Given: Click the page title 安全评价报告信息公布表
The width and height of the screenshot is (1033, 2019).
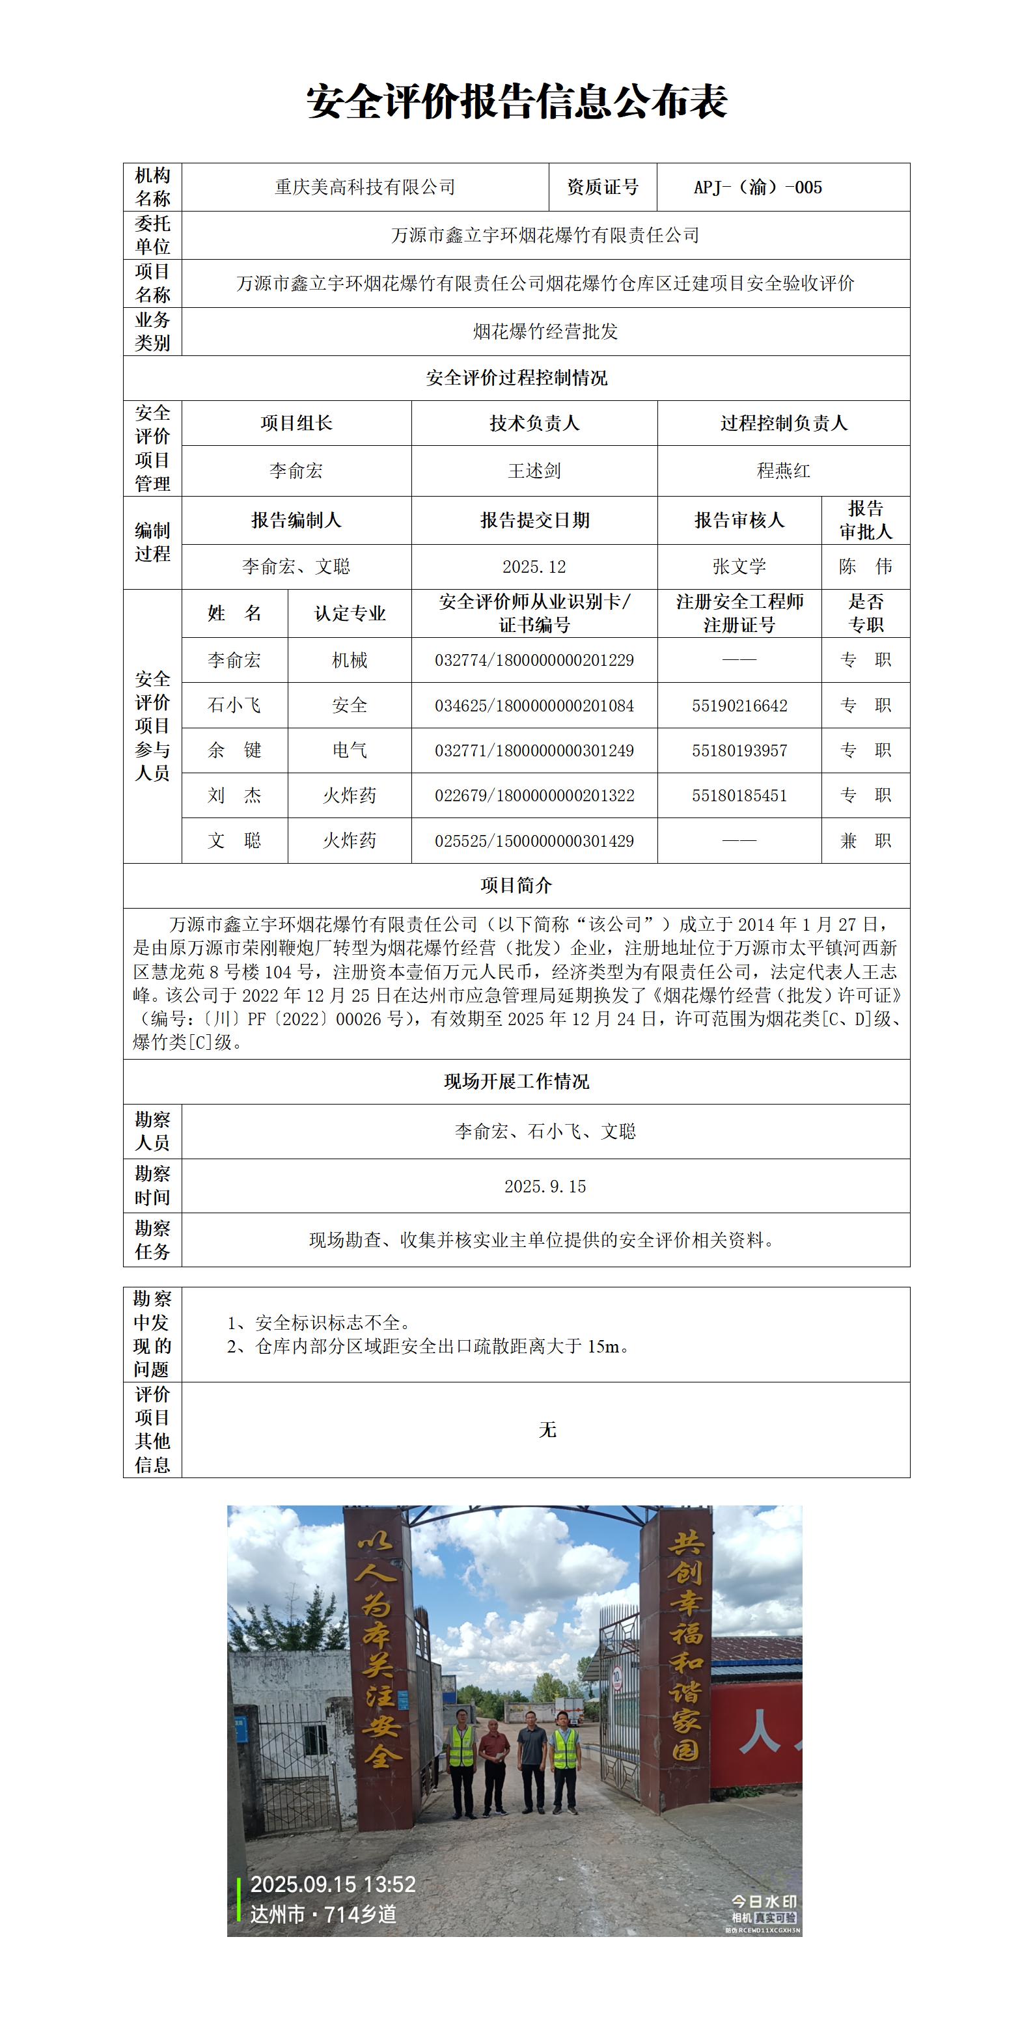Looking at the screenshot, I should pyautogui.click(x=517, y=103).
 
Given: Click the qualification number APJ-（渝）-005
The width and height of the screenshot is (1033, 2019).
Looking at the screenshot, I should pyautogui.click(x=757, y=187).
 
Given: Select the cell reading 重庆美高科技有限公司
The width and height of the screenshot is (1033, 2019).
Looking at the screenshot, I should pyautogui.click(x=365, y=187).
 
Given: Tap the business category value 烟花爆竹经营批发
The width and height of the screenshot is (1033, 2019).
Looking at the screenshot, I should pyautogui.click(x=545, y=331).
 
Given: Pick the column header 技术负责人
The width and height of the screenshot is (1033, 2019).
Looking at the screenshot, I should pyautogui.click(x=534, y=423).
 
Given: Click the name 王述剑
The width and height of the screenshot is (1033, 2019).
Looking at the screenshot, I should pyautogui.click(x=534, y=471).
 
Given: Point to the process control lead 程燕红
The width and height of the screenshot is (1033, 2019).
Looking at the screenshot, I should pyautogui.click(x=783, y=471).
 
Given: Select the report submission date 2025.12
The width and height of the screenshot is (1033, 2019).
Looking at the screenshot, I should pyautogui.click(x=534, y=567).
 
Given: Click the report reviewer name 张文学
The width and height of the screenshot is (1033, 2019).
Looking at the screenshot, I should pyautogui.click(x=738, y=567).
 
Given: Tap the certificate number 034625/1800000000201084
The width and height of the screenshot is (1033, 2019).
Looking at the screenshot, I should pyautogui.click(x=534, y=706).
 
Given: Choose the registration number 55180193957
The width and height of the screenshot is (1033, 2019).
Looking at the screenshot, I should pyautogui.click(x=738, y=751).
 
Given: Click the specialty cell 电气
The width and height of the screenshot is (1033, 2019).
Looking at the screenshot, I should pyautogui.click(x=350, y=751).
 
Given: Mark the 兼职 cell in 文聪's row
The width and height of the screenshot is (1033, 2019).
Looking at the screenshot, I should pyautogui.click(x=865, y=841).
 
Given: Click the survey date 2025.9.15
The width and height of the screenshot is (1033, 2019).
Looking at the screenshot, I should pyautogui.click(x=545, y=1187).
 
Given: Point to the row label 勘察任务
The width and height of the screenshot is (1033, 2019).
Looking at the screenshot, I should pyautogui.click(x=152, y=1240).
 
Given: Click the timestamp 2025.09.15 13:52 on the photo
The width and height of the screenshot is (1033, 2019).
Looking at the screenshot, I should pyautogui.click(x=333, y=1884).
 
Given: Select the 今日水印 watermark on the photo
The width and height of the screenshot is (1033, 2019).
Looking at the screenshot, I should pyautogui.click(x=764, y=1901).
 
